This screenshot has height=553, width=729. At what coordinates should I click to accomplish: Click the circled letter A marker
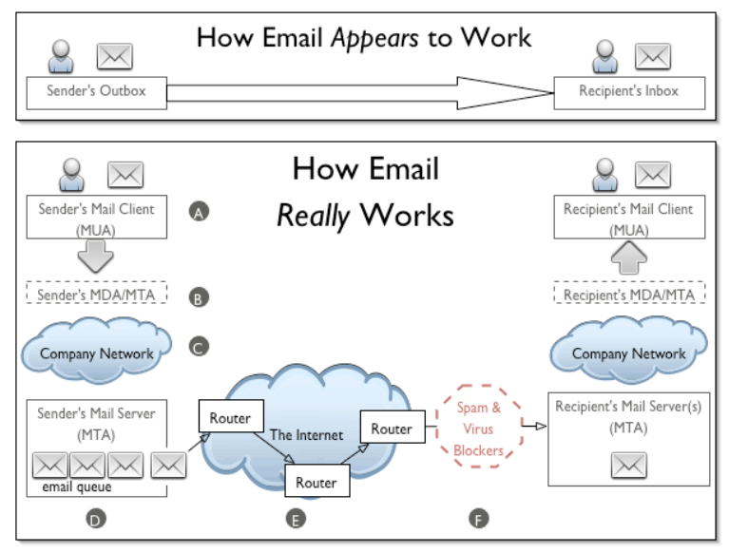(x=199, y=212)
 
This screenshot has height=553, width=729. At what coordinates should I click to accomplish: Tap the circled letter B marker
(x=199, y=297)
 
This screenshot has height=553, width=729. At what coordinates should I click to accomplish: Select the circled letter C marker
(x=199, y=347)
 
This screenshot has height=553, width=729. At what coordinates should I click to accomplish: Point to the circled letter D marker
(x=96, y=519)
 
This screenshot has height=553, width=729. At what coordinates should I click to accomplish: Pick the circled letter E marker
(x=297, y=519)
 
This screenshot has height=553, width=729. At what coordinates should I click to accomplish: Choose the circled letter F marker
(x=479, y=519)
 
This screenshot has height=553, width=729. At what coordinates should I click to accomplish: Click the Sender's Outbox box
(x=97, y=93)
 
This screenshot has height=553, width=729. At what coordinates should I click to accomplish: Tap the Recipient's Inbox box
(x=629, y=93)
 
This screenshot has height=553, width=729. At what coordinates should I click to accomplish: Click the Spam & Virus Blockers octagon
(x=479, y=426)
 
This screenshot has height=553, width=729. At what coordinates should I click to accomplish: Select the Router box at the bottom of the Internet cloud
(x=317, y=482)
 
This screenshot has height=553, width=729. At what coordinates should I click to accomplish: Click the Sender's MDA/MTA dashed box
(x=97, y=293)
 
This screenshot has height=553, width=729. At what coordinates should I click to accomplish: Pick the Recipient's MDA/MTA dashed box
(x=629, y=293)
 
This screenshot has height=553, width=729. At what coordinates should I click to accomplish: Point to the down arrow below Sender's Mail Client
(x=96, y=256)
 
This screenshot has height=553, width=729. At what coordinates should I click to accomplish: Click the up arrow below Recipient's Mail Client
(x=629, y=257)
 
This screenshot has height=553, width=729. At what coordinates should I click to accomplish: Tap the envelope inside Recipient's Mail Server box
(x=629, y=466)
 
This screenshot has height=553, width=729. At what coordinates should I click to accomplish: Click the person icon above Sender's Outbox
(x=61, y=56)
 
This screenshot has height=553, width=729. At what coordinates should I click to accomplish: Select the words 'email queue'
(x=77, y=487)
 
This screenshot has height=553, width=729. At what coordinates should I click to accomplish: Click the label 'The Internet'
(x=306, y=435)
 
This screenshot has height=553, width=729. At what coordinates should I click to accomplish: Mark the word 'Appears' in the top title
(x=374, y=39)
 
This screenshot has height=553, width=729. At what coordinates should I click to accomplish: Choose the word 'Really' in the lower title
(x=313, y=217)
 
